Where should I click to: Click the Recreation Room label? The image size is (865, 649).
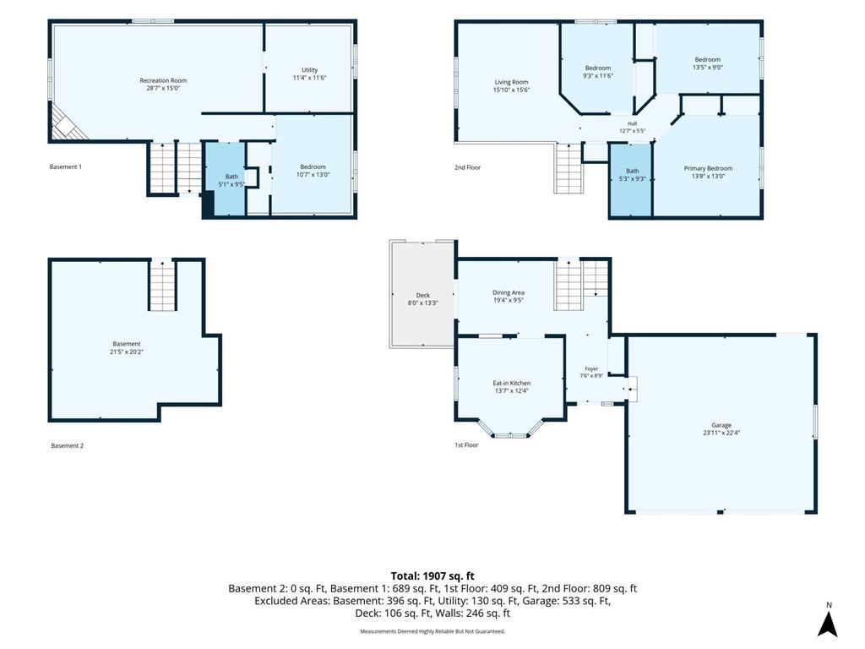point(163,80)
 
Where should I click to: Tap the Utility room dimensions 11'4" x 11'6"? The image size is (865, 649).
point(309,78)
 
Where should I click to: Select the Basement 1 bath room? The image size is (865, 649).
point(225,179)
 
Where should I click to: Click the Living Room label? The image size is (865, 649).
point(511,82)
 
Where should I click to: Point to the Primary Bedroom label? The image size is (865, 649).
point(709,168)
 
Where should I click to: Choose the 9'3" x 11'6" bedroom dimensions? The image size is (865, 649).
point(598,75)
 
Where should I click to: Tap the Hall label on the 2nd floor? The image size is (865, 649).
point(632,123)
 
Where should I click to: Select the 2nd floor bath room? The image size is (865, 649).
point(631,180)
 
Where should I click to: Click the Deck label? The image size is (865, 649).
point(422,295)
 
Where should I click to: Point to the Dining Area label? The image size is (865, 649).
point(508,292)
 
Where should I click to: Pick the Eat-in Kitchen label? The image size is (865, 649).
point(511,383)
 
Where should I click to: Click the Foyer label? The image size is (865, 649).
point(591,368)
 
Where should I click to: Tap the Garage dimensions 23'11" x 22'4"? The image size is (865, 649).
point(721,433)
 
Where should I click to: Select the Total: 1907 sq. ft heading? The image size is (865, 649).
point(432,576)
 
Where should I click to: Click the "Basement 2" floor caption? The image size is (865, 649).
point(68,445)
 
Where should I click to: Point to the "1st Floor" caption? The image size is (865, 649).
point(466,444)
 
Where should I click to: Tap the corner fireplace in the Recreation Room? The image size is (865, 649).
point(63,124)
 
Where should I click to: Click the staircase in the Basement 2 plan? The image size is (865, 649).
point(162,285)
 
